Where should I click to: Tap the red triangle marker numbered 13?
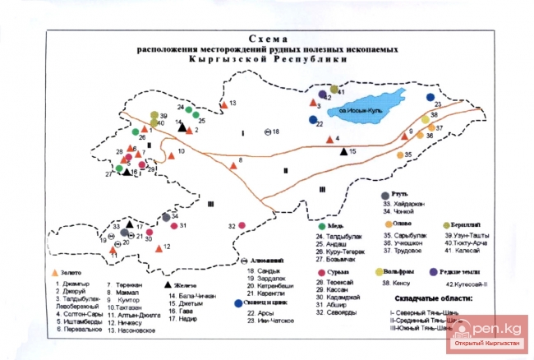click(223, 104)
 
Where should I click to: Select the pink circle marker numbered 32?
click(243, 225)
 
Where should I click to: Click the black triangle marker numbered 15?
click(344, 151)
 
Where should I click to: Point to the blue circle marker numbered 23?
click(430, 98)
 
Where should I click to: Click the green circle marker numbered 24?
click(189, 110)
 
